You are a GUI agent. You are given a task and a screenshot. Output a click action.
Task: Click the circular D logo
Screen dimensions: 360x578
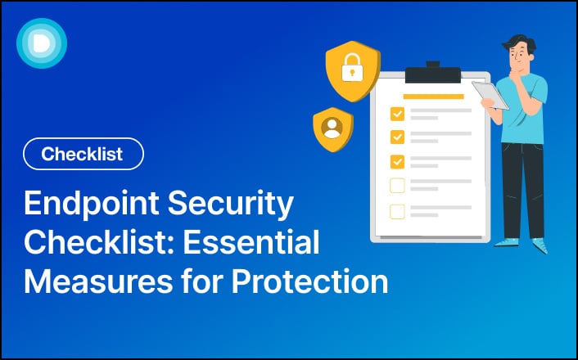click(41, 43)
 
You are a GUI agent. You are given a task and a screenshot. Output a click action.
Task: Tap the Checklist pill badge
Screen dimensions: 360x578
click(84, 154)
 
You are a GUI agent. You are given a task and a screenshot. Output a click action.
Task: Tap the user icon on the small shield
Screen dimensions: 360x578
click(332, 128)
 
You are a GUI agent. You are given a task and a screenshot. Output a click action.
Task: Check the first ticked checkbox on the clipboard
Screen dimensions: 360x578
click(397, 113)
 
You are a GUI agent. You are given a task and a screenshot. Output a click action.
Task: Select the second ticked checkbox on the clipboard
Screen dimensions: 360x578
click(397, 137)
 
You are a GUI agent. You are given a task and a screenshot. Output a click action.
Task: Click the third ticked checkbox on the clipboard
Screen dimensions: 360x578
click(397, 160)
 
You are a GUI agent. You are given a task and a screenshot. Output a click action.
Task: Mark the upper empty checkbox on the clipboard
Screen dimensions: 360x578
click(397, 186)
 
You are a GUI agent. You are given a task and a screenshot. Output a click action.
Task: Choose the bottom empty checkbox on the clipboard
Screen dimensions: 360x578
click(397, 211)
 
